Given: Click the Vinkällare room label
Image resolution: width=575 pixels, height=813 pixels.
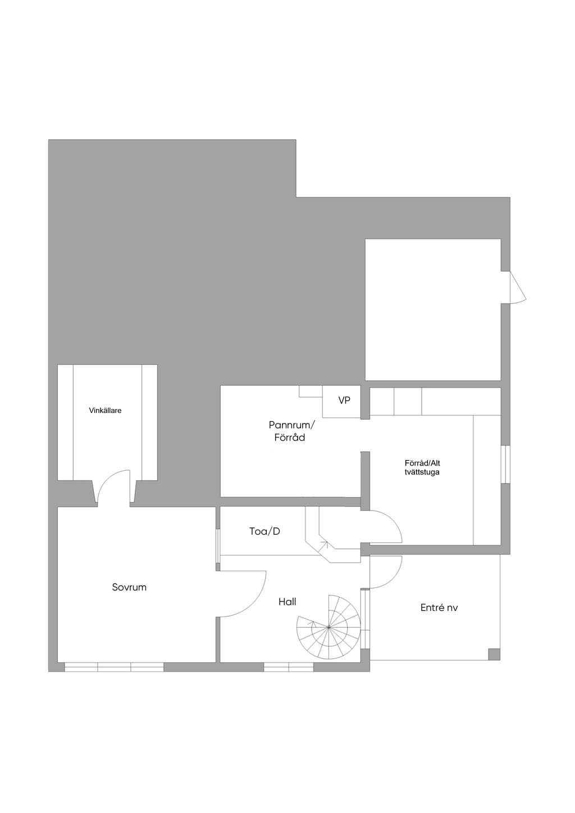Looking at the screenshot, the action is coord(105,411).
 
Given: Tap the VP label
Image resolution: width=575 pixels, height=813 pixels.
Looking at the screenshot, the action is coord(344,401).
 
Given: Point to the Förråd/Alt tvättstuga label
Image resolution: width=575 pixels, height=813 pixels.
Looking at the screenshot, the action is coord(422,468).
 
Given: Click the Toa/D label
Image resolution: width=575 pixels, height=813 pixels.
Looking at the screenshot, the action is coord(264,531).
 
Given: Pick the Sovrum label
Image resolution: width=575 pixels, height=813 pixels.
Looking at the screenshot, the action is coord(129,587).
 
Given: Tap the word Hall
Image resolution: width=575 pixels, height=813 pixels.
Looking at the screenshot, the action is coord(287,602).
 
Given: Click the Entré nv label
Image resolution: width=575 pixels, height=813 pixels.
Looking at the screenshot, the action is coord(439,608).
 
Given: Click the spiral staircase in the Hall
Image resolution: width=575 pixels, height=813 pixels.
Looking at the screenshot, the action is coord(328,627).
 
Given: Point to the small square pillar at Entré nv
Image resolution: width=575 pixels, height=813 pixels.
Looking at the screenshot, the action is coord(494,654).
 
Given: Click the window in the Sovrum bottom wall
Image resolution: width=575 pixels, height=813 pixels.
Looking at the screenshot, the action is coord(114,667).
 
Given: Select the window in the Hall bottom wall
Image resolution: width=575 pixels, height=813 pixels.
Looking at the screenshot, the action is coord(289,667).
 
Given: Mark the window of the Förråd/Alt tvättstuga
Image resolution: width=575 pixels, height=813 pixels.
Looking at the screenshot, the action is coord(505,464).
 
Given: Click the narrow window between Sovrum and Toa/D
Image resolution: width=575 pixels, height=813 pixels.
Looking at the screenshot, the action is coord(218,546).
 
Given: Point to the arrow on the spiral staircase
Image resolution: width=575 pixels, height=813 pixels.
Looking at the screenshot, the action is coord(312,624).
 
